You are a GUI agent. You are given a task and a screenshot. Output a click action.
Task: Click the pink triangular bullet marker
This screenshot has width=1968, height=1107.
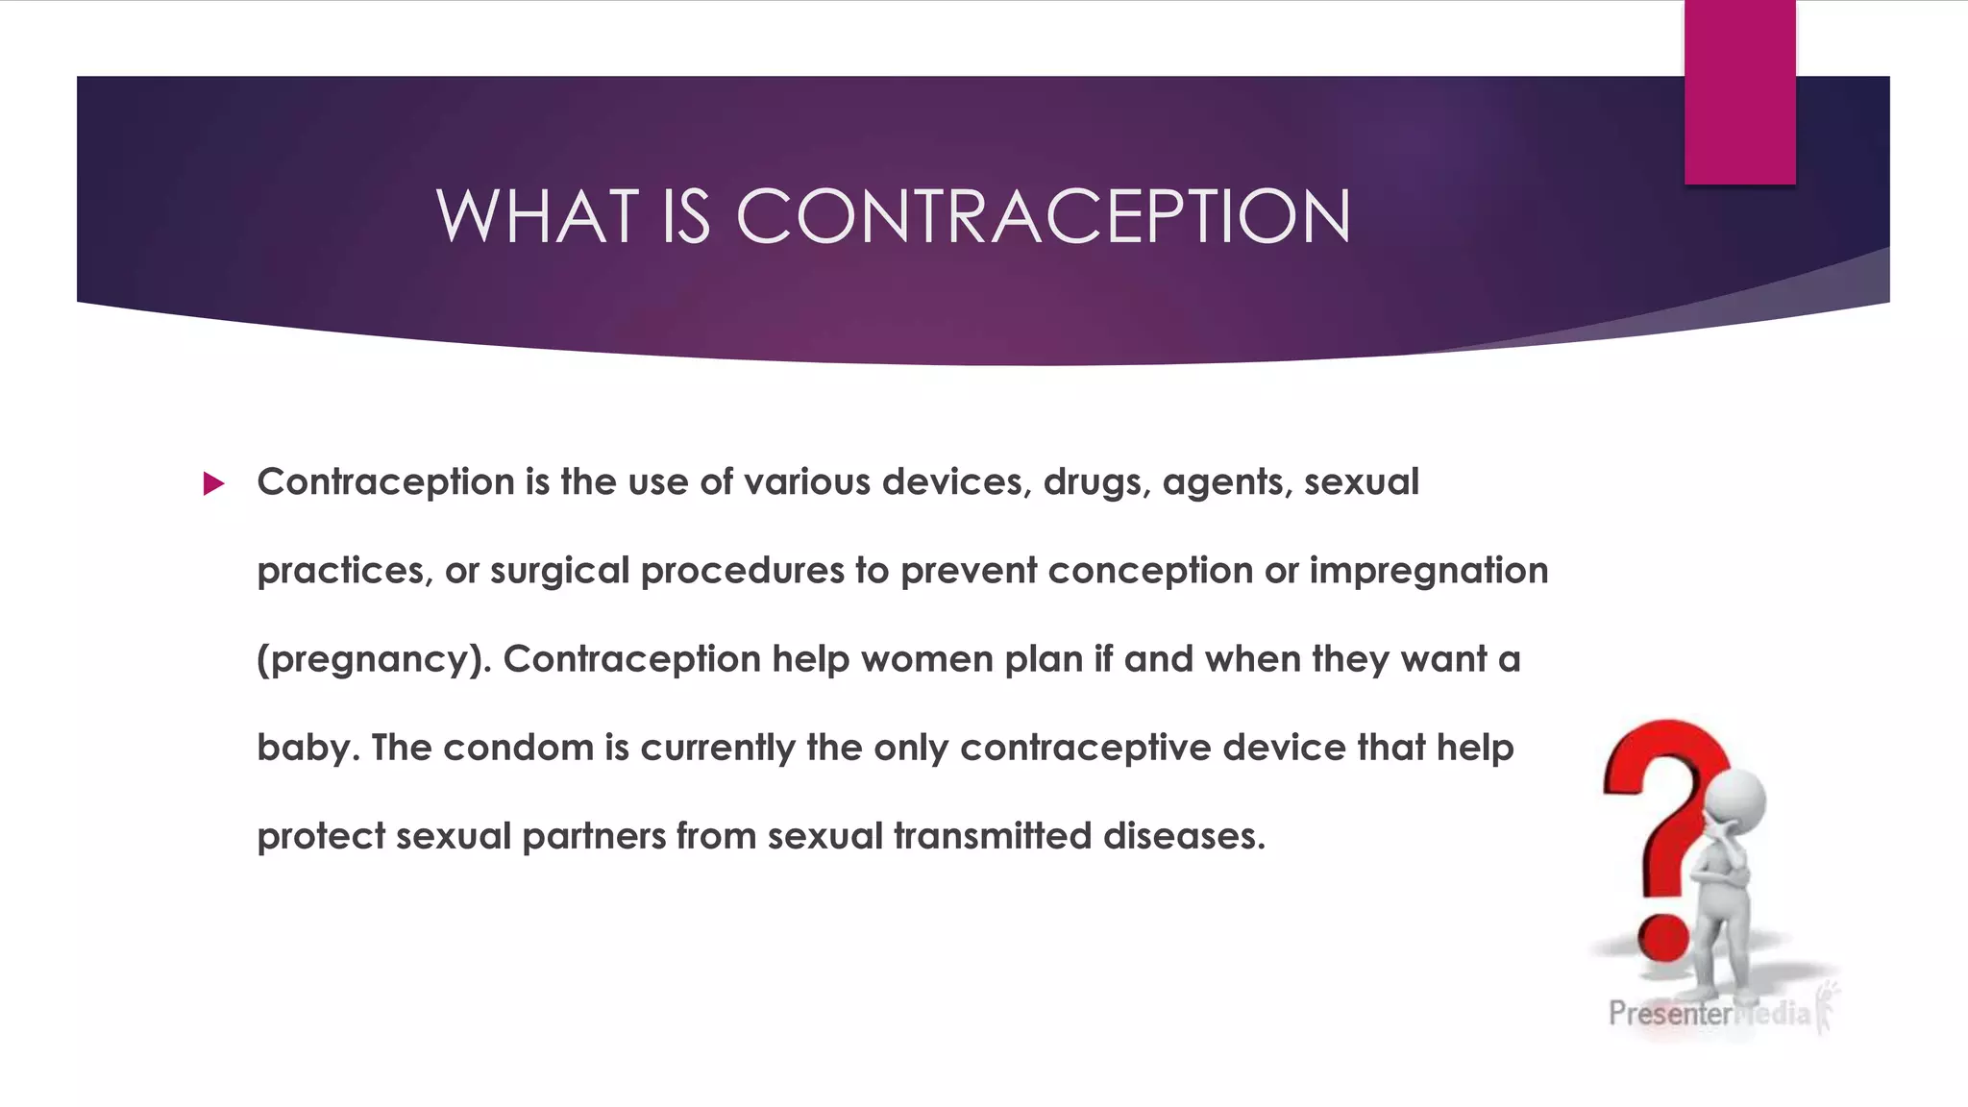click(x=213, y=483)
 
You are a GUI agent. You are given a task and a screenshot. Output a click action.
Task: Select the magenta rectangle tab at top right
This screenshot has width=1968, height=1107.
click(x=1739, y=91)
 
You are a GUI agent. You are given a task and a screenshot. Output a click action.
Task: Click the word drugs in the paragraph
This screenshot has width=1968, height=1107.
click(x=1096, y=482)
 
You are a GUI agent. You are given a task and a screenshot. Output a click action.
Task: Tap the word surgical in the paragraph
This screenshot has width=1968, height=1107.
click(x=560, y=571)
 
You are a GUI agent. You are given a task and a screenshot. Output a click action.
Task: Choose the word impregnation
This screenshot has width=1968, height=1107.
click(x=1428, y=571)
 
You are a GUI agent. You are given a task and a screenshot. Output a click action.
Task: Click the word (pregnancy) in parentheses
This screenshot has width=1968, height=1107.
click(x=374, y=660)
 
